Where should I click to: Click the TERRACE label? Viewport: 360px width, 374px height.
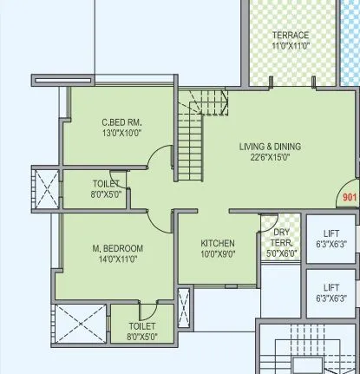pos(290,36)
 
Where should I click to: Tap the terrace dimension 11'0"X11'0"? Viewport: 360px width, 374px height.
pos(290,46)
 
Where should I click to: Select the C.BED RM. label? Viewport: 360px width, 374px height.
pos(121,122)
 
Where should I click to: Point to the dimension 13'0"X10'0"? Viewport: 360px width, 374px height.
pos(121,134)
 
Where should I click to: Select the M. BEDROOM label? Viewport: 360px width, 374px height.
pos(117,248)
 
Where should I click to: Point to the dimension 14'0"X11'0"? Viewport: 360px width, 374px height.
pos(117,259)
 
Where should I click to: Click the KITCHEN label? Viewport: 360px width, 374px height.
pos(218,243)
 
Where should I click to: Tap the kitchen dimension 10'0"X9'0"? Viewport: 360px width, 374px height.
pos(218,254)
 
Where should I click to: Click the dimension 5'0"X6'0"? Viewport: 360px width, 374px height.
pos(281,254)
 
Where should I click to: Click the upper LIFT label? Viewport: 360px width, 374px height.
pos(331,234)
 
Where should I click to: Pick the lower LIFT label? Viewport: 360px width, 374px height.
pos(331,287)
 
